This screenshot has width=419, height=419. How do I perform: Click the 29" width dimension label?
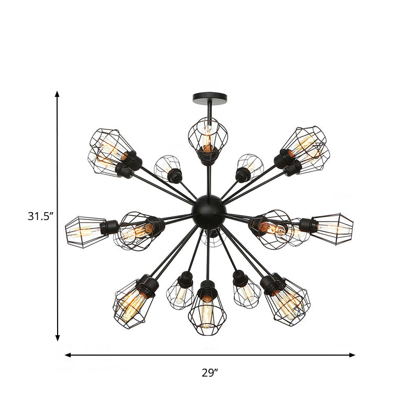click(210, 373)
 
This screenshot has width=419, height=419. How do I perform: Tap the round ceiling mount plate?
click(210, 97)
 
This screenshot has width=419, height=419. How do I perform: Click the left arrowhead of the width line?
click(68, 355)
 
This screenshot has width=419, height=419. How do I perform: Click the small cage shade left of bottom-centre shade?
click(180, 292)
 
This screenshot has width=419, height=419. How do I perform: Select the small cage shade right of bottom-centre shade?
click(247, 291)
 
